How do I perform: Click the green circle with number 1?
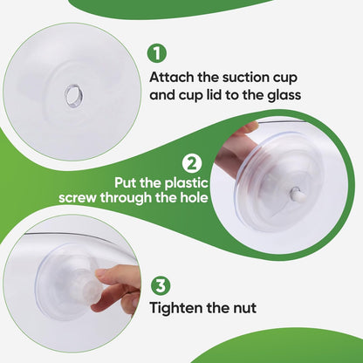(x=157, y=53)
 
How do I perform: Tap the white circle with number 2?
(x=192, y=164)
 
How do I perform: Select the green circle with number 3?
(x=161, y=285)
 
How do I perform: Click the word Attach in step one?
(x=172, y=78)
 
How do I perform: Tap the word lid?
(x=212, y=95)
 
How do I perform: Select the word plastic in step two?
(x=187, y=183)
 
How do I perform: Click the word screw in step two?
(x=77, y=198)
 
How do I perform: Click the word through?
(x=126, y=198)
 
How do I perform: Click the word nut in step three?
(x=244, y=308)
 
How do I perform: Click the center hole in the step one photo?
(x=73, y=95)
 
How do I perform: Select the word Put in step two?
(x=125, y=183)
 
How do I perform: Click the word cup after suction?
(x=282, y=79)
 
